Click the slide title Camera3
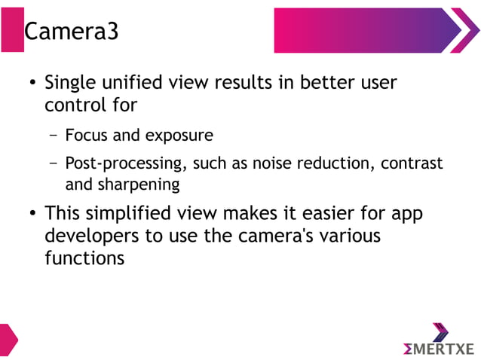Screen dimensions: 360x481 coord(71,32)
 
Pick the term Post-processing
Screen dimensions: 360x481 coord(124,163)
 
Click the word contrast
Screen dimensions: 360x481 coord(414,163)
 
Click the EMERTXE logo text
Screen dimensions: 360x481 coord(440,349)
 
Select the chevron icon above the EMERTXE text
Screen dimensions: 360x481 coord(440,331)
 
